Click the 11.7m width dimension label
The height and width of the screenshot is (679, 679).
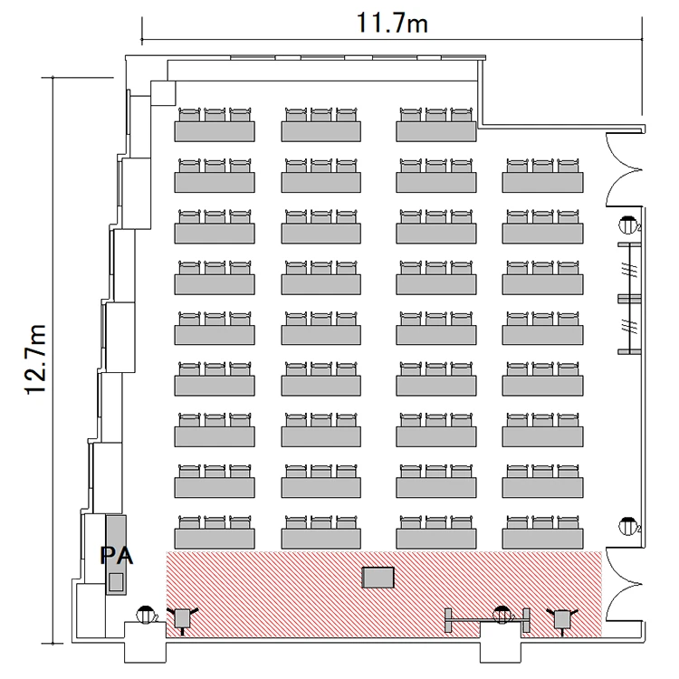[x=392, y=24]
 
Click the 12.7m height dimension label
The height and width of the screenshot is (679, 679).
[x=35, y=359]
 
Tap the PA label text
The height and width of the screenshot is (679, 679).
[x=117, y=556]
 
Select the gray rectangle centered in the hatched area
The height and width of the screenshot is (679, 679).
[x=378, y=578]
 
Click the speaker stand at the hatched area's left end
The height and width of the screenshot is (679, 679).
[x=182, y=619]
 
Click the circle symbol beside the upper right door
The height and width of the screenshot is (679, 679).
[x=627, y=224]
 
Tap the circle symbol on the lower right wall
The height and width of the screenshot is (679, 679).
[x=627, y=526]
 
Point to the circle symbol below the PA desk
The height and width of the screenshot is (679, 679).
[x=146, y=615]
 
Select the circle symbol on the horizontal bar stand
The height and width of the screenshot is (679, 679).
[x=502, y=615]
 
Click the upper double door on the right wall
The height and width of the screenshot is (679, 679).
[x=624, y=169]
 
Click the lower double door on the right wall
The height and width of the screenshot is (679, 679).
[x=624, y=584]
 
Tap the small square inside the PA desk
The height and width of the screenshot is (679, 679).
[x=116, y=581]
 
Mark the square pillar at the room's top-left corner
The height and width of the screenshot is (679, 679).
[x=163, y=92]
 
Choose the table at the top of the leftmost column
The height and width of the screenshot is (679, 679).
[x=215, y=131]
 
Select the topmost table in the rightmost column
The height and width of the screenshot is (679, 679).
[x=542, y=182]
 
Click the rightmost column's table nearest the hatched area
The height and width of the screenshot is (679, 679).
[x=542, y=539]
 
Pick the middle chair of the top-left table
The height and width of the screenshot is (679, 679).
[x=215, y=115]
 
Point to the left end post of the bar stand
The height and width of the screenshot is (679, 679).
[x=448, y=620]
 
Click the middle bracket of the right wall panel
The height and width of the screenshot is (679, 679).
[x=629, y=299]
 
